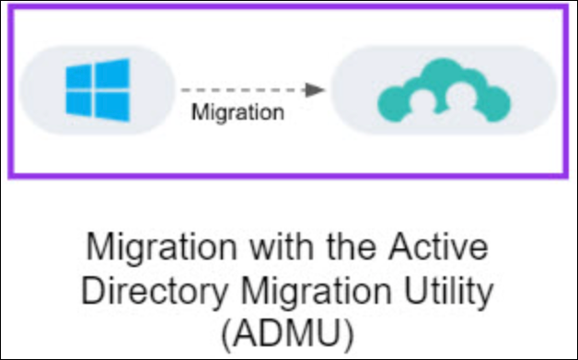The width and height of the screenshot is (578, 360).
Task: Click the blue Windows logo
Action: click(x=98, y=90)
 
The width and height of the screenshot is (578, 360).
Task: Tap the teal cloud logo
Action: click(x=445, y=90)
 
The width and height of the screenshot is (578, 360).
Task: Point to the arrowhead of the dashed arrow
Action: click(x=316, y=90)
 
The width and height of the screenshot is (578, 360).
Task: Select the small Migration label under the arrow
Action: click(x=237, y=112)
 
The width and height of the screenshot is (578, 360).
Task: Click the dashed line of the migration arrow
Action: click(x=244, y=90)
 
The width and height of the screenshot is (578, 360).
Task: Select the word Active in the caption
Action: click(x=439, y=247)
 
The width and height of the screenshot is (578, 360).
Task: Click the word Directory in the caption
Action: click(x=155, y=292)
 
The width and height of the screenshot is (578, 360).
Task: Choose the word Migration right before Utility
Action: click(x=316, y=292)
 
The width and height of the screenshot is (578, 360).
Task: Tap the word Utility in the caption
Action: click(x=448, y=292)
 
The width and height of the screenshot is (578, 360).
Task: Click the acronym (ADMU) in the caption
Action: click(x=288, y=335)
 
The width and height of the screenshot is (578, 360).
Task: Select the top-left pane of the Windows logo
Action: click(x=78, y=76)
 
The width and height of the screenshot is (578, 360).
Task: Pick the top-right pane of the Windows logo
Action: click(x=112, y=74)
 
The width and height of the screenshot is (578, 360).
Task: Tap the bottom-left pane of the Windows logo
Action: click(x=78, y=104)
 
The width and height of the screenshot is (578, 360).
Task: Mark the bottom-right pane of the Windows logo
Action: click(x=112, y=106)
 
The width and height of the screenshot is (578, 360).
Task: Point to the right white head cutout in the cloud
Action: click(x=460, y=96)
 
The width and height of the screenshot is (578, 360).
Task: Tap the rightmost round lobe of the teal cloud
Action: click(x=495, y=104)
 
